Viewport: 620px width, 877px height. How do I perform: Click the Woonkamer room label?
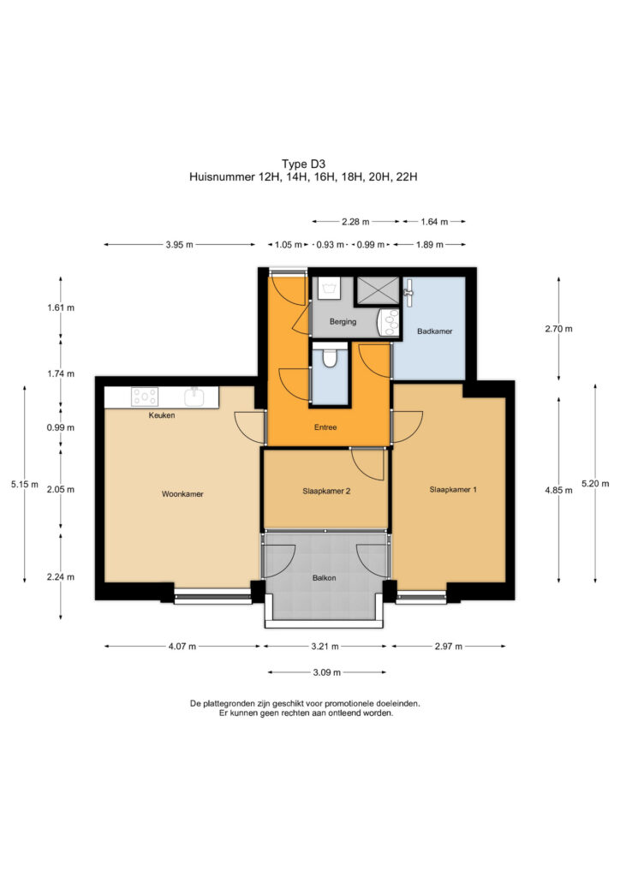click(x=182, y=494)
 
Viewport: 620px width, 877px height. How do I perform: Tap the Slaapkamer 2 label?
click(x=326, y=491)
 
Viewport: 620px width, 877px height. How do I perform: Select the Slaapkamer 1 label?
click(x=453, y=489)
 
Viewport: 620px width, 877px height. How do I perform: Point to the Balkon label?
click(x=325, y=578)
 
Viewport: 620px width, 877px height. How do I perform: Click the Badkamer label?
click(x=434, y=331)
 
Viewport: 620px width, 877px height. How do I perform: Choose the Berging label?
click(x=343, y=322)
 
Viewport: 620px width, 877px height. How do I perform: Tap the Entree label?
click(x=325, y=427)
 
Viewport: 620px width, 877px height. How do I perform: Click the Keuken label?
click(x=162, y=415)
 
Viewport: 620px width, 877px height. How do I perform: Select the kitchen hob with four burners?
click(x=144, y=397)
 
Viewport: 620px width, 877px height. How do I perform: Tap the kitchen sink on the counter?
click(x=194, y=397)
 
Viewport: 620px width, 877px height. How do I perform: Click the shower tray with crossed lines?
click(x=379, y=290)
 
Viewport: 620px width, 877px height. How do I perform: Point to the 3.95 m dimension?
click(x=180, y=244)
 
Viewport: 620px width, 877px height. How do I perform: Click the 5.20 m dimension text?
click(x=595, y=483)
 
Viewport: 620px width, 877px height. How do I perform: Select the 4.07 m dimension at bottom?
click(x=182, y=646)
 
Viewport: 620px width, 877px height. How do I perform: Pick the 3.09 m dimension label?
click(x=326, y=672)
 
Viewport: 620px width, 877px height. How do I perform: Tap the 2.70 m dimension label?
click(x=558, y=329)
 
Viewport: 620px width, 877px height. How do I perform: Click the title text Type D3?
click(x=303, y=164)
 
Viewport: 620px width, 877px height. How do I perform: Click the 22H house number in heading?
click(x=407, y=176)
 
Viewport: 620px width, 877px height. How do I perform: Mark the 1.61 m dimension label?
click(x=61, y=307)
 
